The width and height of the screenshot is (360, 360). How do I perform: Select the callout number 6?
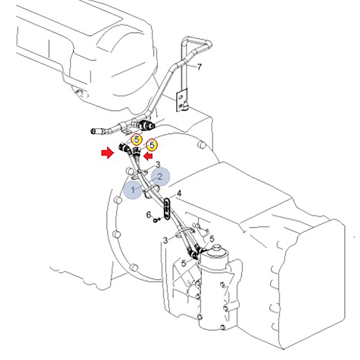[148, 215]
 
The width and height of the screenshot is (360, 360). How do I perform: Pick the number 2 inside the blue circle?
[160, 176]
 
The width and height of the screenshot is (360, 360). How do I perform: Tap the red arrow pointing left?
[148, 156]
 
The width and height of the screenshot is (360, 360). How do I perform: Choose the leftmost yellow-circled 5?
[136, 139]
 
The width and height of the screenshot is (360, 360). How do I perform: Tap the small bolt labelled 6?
[155, 219]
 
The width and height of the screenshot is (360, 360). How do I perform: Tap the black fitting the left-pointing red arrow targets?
[136, 151]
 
